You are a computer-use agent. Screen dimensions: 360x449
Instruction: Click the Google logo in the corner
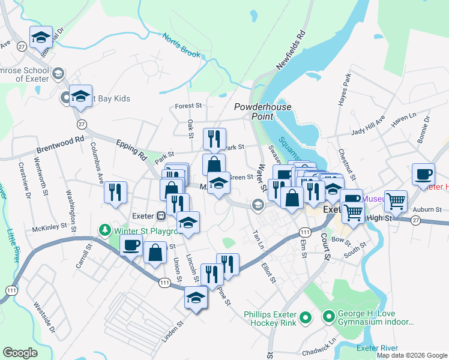tap(20, 353)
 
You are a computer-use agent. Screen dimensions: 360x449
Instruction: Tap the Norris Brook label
tap(181, 46)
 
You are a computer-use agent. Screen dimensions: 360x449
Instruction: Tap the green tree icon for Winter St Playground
tap(105, 230)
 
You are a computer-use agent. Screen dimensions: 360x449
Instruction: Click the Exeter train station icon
tap(161, 215)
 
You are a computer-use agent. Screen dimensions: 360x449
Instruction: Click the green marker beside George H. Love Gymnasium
tap(328, 316)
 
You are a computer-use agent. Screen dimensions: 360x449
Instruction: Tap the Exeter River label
tap(377, 348)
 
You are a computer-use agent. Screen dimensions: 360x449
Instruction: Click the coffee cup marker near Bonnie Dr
tap(423, 173)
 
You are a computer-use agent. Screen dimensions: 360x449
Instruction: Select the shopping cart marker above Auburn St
tap(396, 202)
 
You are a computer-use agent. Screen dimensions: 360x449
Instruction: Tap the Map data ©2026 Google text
tap(412, 355)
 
